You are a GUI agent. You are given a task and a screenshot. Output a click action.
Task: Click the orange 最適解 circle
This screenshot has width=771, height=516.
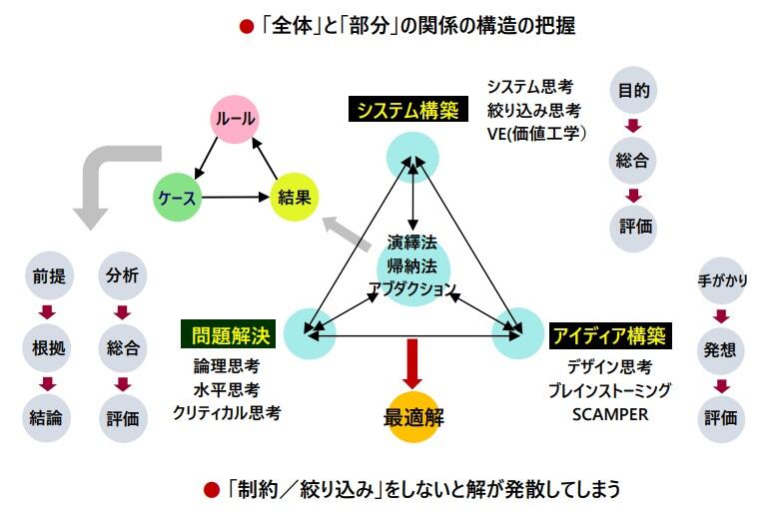click(412, 417)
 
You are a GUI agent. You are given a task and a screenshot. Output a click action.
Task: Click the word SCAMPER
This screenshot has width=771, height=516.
click(609, 413)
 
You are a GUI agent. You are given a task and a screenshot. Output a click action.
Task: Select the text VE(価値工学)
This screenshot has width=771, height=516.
click(536, 132)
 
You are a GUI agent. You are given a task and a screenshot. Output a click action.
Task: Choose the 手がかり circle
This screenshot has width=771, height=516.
click(722, 280)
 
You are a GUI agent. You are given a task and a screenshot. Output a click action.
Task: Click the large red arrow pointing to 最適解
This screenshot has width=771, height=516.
click(412, 365)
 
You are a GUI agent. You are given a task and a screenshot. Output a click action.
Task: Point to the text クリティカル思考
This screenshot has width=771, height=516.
click(226, 411)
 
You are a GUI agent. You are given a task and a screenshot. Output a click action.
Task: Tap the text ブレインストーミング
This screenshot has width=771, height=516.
click(609, 389)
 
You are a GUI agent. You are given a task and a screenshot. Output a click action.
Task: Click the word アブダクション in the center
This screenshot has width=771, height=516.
click(412, 289)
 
